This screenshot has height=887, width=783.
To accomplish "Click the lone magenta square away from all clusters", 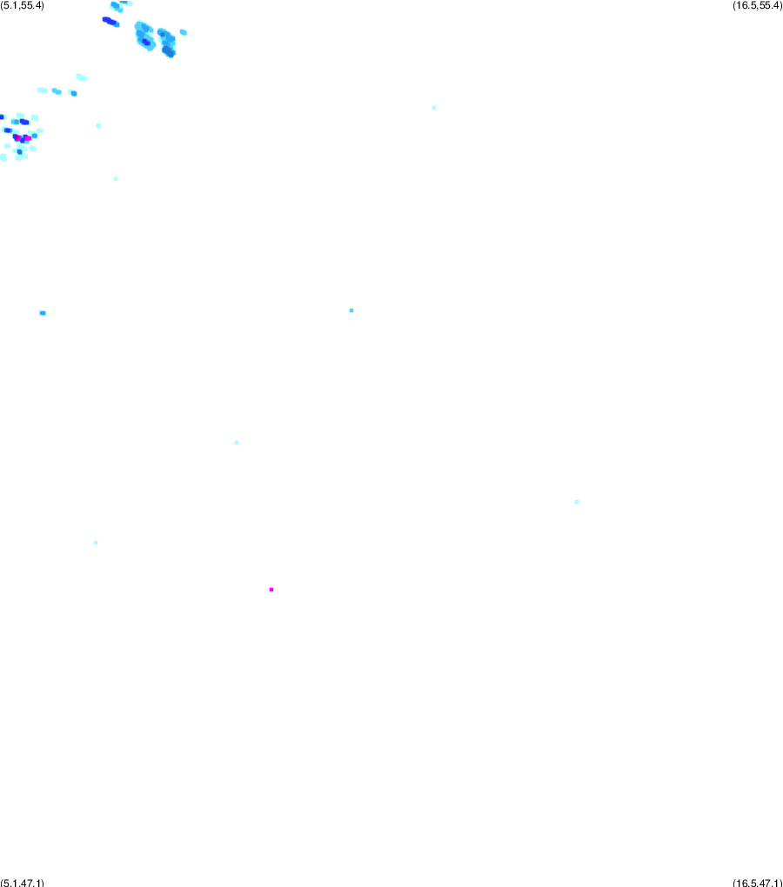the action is [271, 590].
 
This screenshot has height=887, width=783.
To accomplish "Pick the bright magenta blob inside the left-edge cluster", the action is [28, 138].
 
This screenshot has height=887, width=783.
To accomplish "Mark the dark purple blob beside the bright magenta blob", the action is [17, 137].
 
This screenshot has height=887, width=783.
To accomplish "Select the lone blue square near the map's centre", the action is [351, 310].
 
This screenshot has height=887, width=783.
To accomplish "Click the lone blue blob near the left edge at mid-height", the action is [43, 313].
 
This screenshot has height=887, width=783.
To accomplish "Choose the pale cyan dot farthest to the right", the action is [577, 502].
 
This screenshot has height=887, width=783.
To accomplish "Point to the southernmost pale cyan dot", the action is [96, 543].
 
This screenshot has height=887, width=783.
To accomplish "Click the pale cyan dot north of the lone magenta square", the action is [237, 443].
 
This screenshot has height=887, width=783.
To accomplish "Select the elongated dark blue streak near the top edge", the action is [110, 22].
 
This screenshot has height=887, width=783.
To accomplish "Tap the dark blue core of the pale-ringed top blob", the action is [146, 41].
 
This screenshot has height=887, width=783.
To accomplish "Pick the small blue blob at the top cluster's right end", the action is [183, 32].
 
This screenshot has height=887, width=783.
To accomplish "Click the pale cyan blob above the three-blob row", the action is [81, 77].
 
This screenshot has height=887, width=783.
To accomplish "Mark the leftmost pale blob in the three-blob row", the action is [42, 90].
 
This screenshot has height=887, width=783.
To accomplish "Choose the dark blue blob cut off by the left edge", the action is [2, 117].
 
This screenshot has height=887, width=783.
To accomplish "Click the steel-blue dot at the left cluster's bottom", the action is [20, 151].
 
